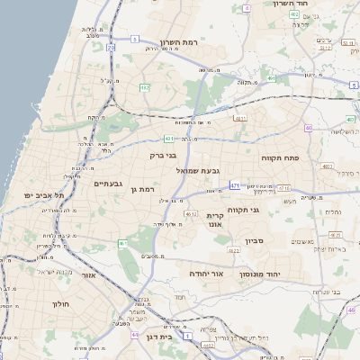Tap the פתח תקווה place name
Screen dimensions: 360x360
pos(285,158)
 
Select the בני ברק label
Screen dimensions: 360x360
pos(163,155)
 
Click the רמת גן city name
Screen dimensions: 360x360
pos(143,189)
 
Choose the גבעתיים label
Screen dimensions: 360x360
pos(107,184)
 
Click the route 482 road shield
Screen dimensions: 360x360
pos(144,87)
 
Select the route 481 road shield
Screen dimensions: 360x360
pos(168,139)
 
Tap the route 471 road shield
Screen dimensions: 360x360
pos(235,185)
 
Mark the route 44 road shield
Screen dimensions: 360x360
pos(134,335)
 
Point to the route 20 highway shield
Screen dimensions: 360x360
pos(111,47)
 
